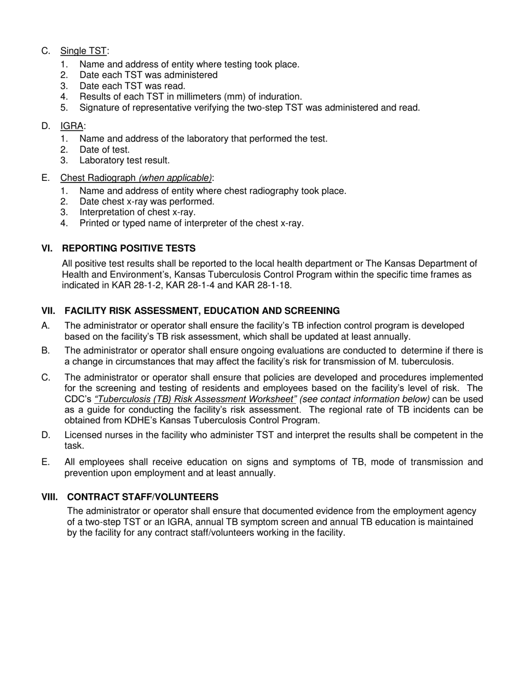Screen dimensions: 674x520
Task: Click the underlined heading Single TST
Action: [83, 51]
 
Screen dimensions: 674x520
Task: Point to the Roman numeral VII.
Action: [49, 311]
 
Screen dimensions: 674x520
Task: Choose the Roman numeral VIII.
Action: [50, 497]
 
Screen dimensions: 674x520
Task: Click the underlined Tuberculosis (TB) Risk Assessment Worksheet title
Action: [195, 399]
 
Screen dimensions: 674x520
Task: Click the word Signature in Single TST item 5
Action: [100, 108]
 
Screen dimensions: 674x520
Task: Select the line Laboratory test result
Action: [124, 161]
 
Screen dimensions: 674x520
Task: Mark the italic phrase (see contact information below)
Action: [365, 399]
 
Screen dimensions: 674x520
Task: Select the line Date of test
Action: [104, 150]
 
